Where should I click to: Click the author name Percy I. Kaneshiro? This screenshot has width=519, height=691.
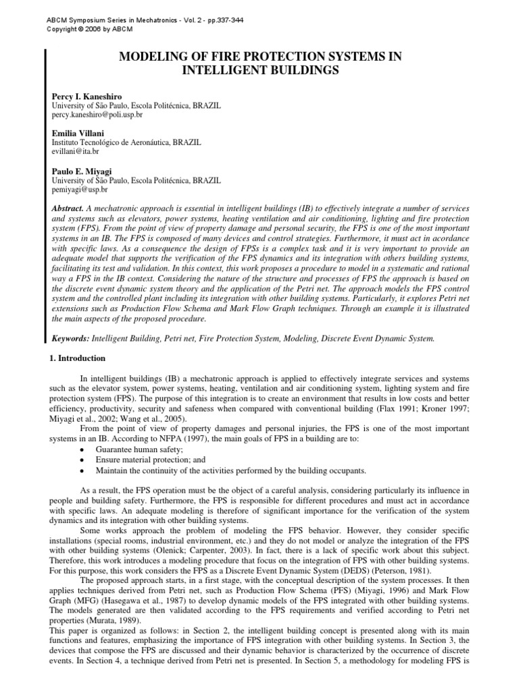click(87, 97)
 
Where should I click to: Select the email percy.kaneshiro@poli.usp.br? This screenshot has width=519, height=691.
click(97, 115)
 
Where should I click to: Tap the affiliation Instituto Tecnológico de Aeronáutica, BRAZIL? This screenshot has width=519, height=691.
click(126, 143)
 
